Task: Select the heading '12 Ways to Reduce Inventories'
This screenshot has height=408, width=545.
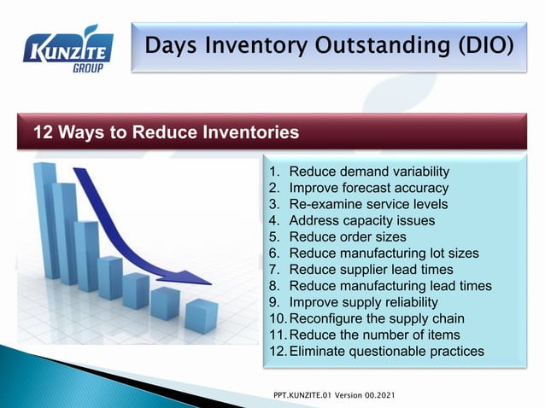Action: [x=166, y=133]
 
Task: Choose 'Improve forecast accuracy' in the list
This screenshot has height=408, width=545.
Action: [x=369, y=188]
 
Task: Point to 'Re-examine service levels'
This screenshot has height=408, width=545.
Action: [x=368, y=204]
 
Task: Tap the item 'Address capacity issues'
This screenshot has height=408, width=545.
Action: [x=362, y=220]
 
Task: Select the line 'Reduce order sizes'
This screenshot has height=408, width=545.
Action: [x=348, y=236]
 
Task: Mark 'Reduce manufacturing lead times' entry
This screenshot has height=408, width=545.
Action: [x=390, y=285]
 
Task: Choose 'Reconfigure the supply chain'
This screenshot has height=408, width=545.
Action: [x=375, y=318]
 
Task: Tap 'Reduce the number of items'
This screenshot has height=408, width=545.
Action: [x=374, y=335]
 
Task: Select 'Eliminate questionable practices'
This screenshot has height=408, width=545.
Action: [x=387, y=351]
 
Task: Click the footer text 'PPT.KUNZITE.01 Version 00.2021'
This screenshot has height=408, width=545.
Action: [x=333, y=397]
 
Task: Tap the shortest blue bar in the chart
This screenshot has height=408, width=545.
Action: [x=202, y=316]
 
